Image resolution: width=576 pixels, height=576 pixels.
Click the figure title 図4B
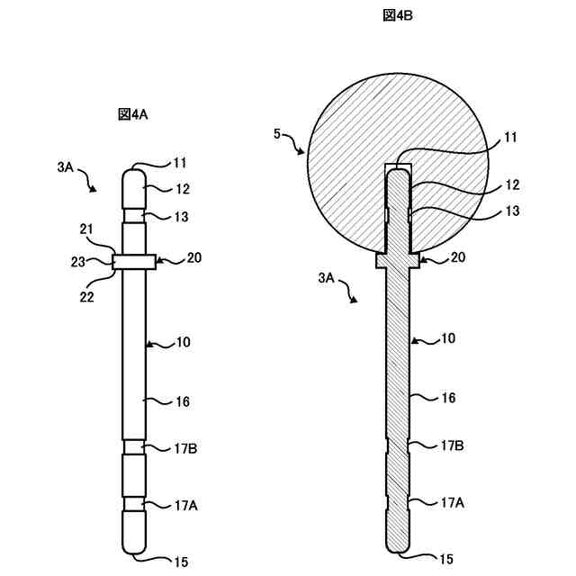pyautogui.click(x=397, y=15)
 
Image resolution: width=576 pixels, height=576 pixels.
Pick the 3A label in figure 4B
pyautogui.click(x=328, y=280)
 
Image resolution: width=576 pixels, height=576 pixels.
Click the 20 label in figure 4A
pyautogui.click(x=193, y=258)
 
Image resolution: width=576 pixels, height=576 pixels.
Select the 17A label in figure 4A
pyautogui.click(x=185, y=506)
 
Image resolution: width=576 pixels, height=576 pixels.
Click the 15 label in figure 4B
pyautogui.click(x=446, y=560)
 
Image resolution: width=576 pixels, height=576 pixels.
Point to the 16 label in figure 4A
pyautogui.click(x=183, y=402)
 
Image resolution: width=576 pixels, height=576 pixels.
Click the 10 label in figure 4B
pyautogui.click(x=448, y=338)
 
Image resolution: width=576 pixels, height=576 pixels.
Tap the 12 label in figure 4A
pyautogui.click(x=182, y=190)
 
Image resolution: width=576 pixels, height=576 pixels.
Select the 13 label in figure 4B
pyautogui.click(x=511, y=212)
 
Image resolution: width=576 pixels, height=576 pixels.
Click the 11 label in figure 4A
pyautogui.click(x=181, y=163)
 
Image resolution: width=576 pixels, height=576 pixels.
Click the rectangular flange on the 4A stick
pyautogui.click(x=134, y=261)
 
